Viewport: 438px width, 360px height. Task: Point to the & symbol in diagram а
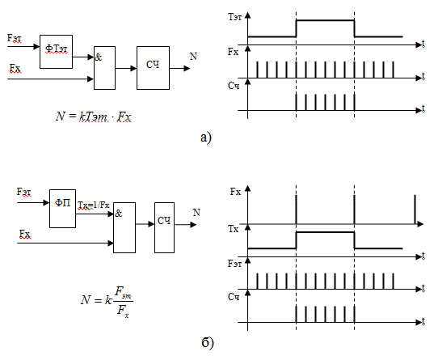coord(99,57)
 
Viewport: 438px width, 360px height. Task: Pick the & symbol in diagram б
coord(119,214)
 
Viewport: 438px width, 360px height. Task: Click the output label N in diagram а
coord(193,57)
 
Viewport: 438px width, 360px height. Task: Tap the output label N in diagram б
coord(196,213)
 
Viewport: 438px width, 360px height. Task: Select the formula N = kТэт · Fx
coord(93,116)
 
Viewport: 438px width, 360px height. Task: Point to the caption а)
coord(206,138)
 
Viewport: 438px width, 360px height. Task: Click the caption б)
coord(208,342)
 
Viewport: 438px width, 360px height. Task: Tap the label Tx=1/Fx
coord(94,205)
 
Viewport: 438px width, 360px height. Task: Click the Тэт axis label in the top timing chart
coord(235,17)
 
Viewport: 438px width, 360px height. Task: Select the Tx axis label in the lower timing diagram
coord(234,230)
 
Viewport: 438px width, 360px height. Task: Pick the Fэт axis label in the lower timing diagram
coord(234,264)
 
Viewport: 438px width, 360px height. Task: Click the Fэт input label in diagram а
coord(14,38)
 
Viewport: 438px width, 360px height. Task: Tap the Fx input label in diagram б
coord(25,234)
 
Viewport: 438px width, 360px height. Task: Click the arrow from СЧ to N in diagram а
coord(180,68)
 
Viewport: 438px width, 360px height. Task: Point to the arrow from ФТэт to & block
coord(83,57)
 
